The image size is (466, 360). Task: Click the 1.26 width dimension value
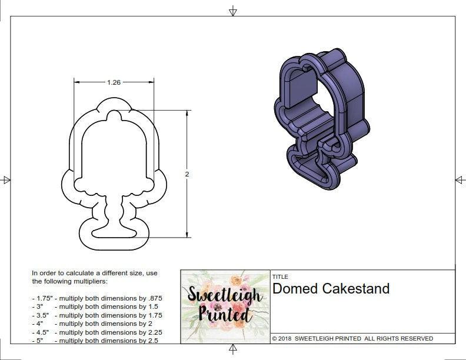coord(114,83)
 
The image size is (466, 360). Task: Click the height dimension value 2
coord(187,174)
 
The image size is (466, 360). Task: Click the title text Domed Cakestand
coord(331,289)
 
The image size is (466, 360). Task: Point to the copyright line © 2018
coord(352,338)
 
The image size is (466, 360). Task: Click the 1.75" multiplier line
coord(97,298)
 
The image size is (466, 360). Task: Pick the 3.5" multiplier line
coord(97,315)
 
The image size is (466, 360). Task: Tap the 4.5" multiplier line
coord(97,332)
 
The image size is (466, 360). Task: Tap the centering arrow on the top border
coord(233,11)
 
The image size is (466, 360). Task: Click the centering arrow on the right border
coord(460,179)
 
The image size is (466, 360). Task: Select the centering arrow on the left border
coord(6,179)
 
